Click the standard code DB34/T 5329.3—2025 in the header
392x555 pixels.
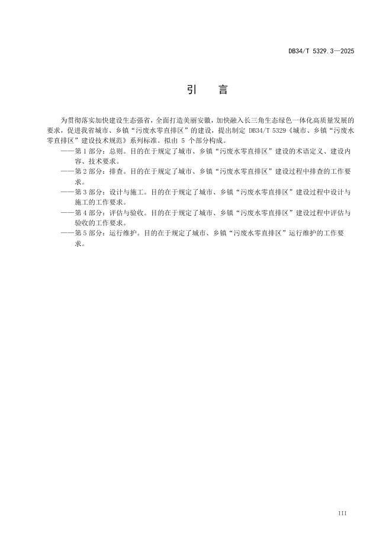point(321,52)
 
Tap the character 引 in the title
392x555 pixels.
point(192,90)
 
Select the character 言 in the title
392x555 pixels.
point(223,90)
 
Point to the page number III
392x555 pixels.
point(342,512)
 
